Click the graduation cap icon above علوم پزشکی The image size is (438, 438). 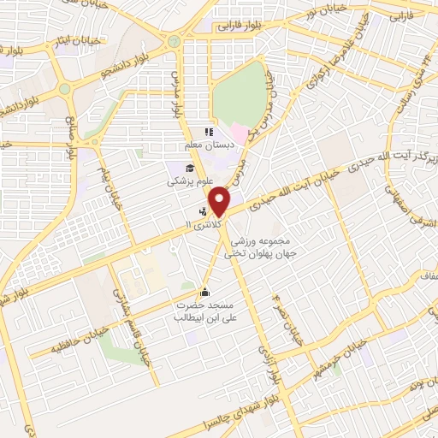[x=189, y=167]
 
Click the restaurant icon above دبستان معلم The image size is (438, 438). [x=207, y=132]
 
